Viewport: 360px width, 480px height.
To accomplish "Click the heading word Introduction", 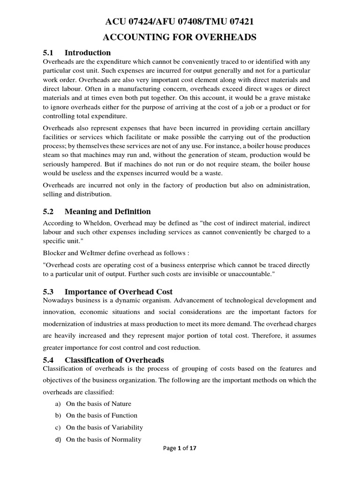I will [88, 52].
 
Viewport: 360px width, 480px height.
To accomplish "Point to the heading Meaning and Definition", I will [108, 211].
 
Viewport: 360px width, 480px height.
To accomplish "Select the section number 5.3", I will [49, 292].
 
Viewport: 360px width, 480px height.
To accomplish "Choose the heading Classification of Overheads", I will [114, 360].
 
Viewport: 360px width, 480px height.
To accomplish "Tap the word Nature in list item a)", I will [121, 404].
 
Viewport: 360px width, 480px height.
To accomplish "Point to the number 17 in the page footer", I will [192, 461].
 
